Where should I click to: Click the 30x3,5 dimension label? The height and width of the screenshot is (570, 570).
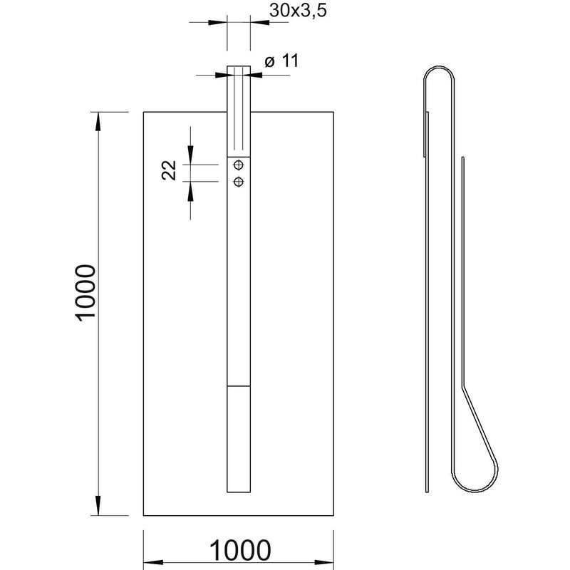[298, 10]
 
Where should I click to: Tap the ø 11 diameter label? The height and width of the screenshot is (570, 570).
[281, 61]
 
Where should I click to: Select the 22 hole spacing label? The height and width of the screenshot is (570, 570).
[169, 170]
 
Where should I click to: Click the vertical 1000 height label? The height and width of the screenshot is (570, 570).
[85, 293]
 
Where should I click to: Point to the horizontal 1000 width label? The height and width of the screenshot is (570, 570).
[240, 550]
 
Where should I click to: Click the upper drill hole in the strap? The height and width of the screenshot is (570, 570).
[239, 165]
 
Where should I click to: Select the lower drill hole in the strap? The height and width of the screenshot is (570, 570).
[239, 182]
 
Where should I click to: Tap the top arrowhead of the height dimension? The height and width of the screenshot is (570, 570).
[98, 121]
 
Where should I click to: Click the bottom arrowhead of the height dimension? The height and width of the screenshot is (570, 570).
[98, 506]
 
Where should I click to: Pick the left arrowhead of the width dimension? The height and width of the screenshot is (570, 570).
[153, 562]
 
